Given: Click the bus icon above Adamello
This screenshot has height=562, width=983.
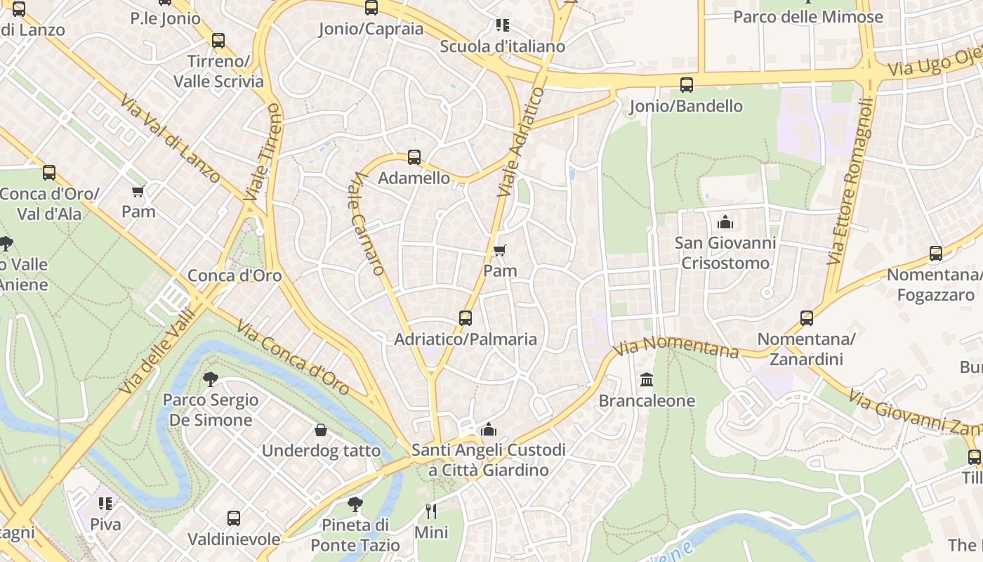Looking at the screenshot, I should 414,157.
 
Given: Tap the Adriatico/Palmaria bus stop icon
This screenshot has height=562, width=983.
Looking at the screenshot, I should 466,318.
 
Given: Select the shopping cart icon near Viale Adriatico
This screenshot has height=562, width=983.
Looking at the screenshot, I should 500,250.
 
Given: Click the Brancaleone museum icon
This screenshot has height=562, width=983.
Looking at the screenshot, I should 647,380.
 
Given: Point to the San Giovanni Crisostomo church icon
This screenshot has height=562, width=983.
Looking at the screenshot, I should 725,223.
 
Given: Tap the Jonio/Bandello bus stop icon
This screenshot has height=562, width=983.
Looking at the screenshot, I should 687,85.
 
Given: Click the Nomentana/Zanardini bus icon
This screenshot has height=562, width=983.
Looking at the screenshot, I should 807,318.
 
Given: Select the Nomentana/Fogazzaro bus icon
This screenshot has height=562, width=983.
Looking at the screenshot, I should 936,254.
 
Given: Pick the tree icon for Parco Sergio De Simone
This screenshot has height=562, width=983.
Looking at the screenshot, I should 210,379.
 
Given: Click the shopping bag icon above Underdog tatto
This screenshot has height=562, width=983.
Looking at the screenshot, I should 321,430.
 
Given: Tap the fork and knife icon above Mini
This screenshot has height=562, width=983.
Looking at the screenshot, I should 431,511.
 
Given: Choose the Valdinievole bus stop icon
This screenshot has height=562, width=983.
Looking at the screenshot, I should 234,519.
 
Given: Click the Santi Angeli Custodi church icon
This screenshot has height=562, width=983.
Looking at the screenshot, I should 489,429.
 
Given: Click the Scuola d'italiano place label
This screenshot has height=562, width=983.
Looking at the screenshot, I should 502,46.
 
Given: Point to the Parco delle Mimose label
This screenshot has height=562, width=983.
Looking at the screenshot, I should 807,17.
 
